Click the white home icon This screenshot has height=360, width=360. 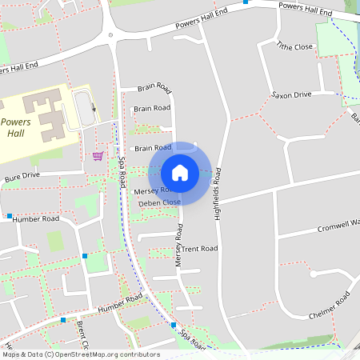click(179, 172)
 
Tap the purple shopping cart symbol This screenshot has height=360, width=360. click(98, 156)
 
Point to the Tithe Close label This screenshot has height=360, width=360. click(294, 47)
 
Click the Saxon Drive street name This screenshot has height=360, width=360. click(290, 94)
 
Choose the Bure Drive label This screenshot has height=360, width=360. click(22, 175)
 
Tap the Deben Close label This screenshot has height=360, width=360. click(159, 203)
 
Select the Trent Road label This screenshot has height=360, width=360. click(199, 249)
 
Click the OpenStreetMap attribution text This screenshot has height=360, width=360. click(80, 354)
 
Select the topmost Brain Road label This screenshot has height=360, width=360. click(154, 87)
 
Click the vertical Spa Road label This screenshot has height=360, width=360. click(122, 172)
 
